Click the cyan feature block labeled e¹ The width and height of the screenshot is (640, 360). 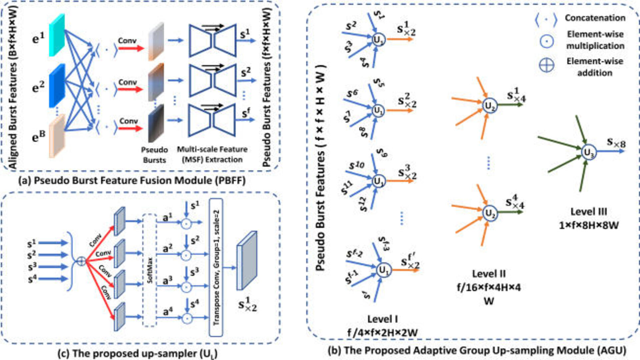pos(57,35)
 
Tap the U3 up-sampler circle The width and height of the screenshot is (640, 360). pos(589,153)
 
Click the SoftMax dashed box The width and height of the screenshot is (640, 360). pos(150,270)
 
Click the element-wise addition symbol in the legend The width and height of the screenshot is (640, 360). pos(547,65)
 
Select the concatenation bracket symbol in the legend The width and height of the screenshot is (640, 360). pos(546,20)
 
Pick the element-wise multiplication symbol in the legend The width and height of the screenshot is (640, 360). pos(547,41)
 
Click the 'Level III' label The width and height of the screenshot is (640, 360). pos(589,212)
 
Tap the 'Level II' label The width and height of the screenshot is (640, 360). pos(489,274)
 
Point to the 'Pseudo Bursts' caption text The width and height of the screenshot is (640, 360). pos(154,155)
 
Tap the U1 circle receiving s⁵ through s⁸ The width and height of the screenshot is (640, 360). pos(378,110)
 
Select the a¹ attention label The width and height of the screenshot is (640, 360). pos(168,218)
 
